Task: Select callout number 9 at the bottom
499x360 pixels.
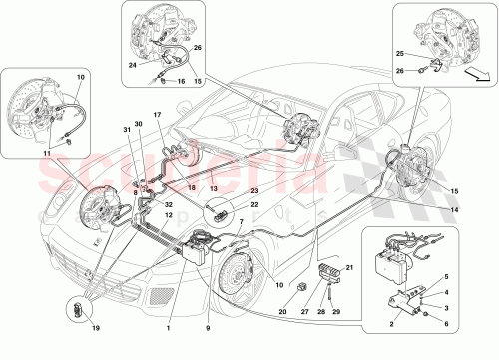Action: (208, 327)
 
